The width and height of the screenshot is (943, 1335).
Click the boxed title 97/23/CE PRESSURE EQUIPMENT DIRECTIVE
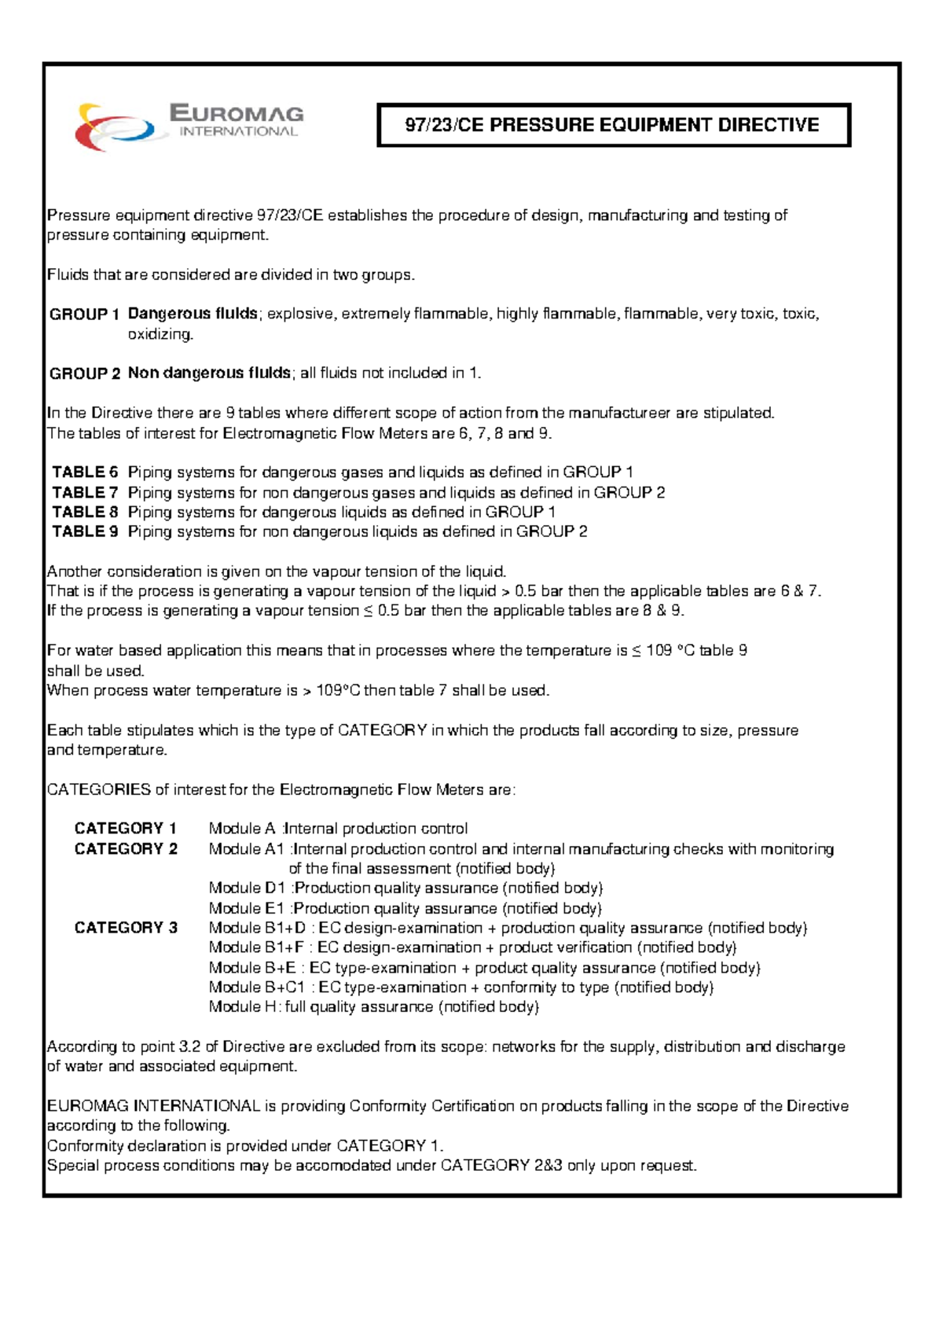(x=612, y=125)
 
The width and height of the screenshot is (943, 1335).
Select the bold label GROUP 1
(x=84, y=314)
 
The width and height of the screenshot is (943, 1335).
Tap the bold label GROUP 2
(x=84, y=373)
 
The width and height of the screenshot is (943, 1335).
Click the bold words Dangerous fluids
(x=193, y=314)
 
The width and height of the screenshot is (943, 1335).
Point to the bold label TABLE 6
(x=85, y=473)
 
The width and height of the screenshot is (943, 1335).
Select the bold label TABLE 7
(x=85, y=493)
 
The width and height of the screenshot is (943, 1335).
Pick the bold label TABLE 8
(x=85, y=512)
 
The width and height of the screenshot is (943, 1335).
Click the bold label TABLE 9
(x=85, y=531)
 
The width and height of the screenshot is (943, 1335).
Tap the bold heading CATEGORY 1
(x=125, y=829)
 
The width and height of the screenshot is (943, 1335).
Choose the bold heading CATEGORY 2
(x=126, y=849)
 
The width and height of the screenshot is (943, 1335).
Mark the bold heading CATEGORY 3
(x=126, y=928)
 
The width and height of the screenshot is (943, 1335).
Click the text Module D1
(x=247, y=888)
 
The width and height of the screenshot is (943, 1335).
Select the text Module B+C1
(x=257, y=987)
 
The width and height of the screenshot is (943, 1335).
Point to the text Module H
(x=243, y=1007)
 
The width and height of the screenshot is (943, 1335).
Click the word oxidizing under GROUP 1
(x=160, y=334)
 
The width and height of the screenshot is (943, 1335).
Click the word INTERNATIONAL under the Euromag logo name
(x=238, y=132)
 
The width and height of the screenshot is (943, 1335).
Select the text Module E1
(x=247, y=909)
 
